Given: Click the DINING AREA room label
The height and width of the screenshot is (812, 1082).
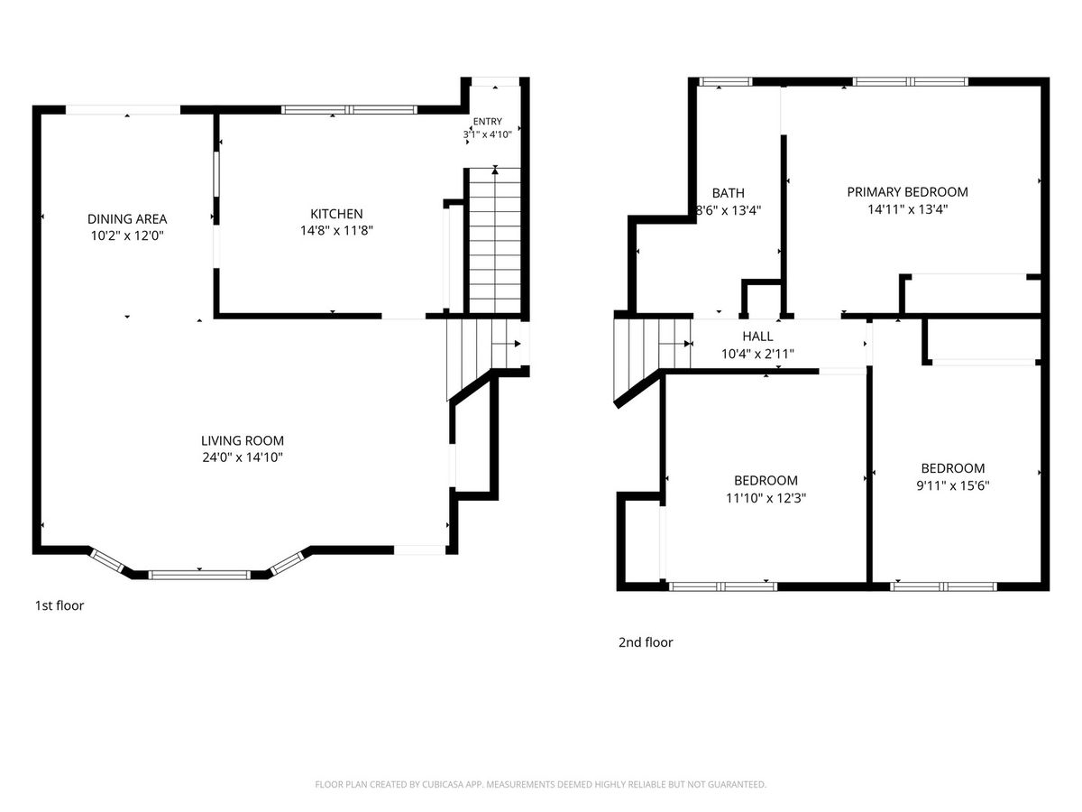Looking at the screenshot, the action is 127,219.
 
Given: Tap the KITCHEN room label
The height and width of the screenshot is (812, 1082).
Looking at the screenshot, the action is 336,214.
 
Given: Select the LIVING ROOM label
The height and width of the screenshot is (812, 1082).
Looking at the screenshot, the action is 243,441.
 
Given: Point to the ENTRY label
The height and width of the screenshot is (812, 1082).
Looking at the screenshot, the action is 488,121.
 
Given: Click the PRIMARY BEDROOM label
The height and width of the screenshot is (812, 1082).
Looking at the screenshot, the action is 907,192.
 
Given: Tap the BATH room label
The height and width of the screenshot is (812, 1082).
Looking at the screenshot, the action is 728,193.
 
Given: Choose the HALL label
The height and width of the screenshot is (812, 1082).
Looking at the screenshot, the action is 757,337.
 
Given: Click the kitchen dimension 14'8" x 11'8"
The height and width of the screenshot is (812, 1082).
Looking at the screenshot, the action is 336,230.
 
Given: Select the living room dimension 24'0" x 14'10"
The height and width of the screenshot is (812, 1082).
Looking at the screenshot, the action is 243,457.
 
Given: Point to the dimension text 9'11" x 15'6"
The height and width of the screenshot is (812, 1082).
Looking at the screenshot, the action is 953,485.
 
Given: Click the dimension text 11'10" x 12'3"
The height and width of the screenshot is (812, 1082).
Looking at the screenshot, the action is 766,498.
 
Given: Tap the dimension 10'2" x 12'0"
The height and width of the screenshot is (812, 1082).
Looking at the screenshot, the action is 127,235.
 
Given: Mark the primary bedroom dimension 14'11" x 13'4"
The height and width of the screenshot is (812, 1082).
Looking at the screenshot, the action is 907,209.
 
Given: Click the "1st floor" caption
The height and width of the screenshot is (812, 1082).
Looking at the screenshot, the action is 60,605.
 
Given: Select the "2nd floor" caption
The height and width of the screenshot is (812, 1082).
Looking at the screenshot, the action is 646,642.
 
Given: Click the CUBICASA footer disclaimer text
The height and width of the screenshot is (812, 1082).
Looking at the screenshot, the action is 541,784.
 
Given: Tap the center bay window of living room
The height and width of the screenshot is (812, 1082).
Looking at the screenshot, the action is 199,575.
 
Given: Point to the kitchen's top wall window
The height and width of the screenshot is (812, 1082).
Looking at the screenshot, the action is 350,109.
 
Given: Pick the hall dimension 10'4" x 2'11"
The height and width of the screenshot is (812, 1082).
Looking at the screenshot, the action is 757,354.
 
